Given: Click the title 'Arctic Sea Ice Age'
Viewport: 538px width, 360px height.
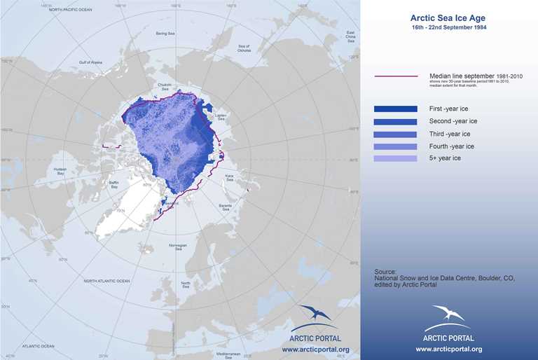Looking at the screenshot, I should coord(449,19).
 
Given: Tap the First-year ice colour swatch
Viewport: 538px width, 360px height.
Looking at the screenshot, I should coord(396,109).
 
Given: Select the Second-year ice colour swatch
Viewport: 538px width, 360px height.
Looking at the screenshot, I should coord(396,122).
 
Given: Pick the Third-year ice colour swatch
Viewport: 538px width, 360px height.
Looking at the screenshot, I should coord(396,134).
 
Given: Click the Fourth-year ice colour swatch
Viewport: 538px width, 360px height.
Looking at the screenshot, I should coord(396,146).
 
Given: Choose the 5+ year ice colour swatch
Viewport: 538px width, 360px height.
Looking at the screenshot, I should coord(396,159).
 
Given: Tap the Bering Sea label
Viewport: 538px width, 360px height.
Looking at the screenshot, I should coord(165,33).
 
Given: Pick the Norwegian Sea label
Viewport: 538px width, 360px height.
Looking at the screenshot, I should coord(183,247).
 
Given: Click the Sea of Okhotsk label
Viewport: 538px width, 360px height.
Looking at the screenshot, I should coord(244,48).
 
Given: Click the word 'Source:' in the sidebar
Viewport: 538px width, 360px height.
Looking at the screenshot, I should coord(385,270).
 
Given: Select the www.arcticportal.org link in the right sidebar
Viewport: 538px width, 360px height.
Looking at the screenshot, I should coord(449,349).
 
